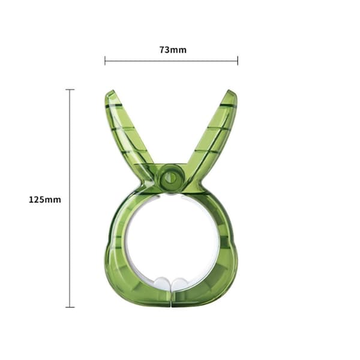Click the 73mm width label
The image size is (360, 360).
click(x=173, y=50)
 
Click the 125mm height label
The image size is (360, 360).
click(x=45, y=200)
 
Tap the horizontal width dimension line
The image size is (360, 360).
click(x=171, y=61)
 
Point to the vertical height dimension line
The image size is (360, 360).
click(x=70, y=198)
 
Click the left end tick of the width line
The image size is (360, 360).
click(x=105, y=61)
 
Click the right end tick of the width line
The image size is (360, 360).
click(x=238, y=61)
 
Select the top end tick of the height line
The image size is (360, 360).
click(x=70, y=89)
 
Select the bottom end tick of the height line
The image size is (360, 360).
click(x=70, y=307)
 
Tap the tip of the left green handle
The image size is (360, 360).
click(x=112, y=91)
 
